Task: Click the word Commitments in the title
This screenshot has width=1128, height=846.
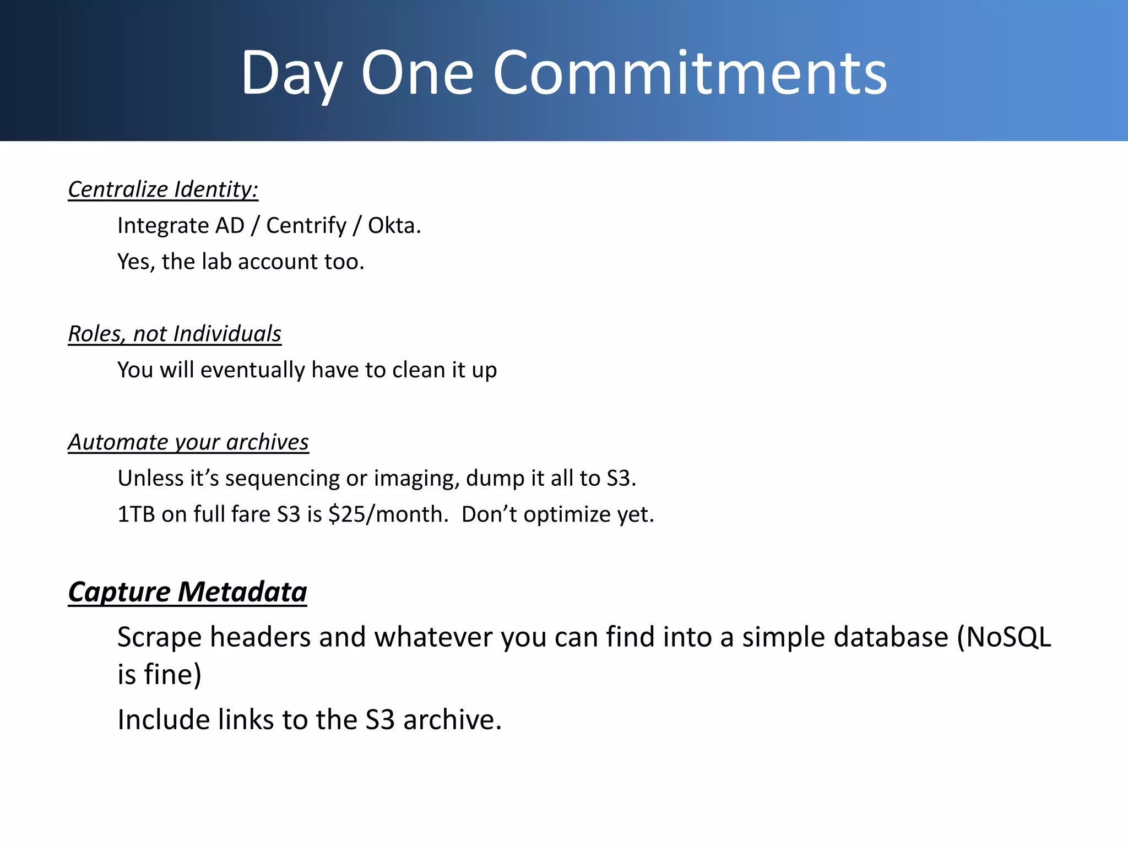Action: pos(690,73)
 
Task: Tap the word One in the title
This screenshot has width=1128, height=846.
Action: pos(417,73)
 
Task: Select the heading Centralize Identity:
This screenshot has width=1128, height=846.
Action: pos(163,189)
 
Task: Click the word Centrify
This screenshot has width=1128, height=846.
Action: pos(306,225)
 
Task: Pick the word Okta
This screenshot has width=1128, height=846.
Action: pos(394,225)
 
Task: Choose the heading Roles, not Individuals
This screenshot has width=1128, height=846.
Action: pos(175,334)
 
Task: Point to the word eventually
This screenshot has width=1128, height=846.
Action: pos(252,370)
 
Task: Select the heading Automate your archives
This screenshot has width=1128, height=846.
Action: pos(188,442)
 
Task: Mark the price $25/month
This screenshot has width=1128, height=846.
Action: pos(388,514)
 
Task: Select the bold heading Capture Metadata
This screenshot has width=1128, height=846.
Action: pos(187,592)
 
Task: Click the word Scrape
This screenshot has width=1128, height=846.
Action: pos(160,637)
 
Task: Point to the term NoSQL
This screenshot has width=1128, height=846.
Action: pos(1008,637)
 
